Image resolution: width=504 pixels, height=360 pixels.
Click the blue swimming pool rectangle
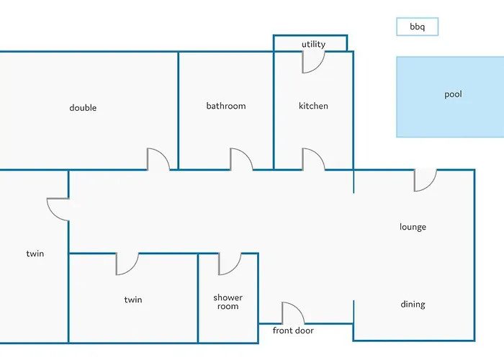point(450,97)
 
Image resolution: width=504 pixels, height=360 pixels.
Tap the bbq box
point(417,27)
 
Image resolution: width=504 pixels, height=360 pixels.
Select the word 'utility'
point(313,44)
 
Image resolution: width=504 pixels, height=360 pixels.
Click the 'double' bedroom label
point(83,108)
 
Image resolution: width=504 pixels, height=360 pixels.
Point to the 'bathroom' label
point(226,106)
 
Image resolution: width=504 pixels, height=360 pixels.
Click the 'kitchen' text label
point(313,106)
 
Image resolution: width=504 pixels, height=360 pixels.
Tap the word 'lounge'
point(413,227)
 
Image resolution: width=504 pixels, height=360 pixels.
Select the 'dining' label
point(413,304)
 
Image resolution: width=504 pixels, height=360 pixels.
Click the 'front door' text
point(293,331)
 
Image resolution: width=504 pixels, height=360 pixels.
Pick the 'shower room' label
point(228,302)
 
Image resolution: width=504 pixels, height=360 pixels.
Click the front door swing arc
point(292,314)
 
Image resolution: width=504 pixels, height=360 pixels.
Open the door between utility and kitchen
point(312,62)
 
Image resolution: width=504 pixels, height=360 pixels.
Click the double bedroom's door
point(158,160)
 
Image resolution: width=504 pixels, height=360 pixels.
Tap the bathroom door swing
point(240,160)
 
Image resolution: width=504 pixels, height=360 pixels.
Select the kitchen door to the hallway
point(312,160)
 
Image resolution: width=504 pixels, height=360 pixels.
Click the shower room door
point(230,264)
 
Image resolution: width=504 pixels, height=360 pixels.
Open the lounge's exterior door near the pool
point(425,180)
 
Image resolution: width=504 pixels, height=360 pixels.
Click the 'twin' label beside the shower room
point(132,300)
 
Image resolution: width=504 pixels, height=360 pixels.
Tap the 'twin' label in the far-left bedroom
point(35,253)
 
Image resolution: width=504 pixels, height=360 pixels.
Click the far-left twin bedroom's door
point(58,209)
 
